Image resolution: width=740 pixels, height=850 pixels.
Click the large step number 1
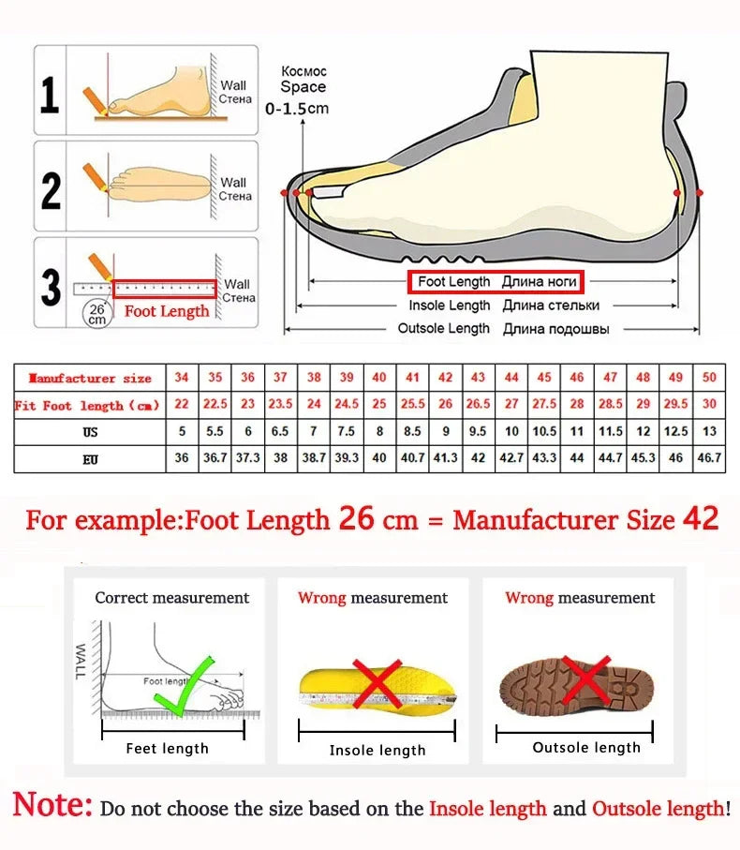pyautogui.click(x=51, y=96)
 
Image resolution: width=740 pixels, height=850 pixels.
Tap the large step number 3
pyautogui.click(x=52, y=288)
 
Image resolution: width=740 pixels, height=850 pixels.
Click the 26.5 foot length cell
pyautogui.click(x=478, y=405)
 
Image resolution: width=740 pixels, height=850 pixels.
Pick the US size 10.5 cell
pyautogui.click(x=544, y=432)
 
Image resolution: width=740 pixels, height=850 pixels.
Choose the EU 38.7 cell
pyautogui.click(x=314, y=459)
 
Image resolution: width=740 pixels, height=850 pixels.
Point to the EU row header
pyautogui.click(x=90, y=460)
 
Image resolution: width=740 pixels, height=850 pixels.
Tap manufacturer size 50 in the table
pyautogui.click(x=708, y=378)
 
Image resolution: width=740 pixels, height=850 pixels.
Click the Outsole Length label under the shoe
pyautogui.click(x=443, y=329)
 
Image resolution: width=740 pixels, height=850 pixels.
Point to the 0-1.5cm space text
pyautogui.click(x=297, y=109)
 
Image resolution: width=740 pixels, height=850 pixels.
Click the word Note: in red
pyautogui.click(x=52, y=805)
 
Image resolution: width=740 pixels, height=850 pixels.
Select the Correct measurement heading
pyautogui.click(x=172, y=598)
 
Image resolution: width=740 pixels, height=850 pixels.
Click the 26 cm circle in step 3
pyautogui.click(x=96, y=313)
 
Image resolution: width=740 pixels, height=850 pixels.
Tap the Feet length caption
pyautogui.click(x=167, y=748)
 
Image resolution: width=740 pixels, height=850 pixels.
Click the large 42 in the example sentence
pyautogui.click(x=701, y=519)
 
